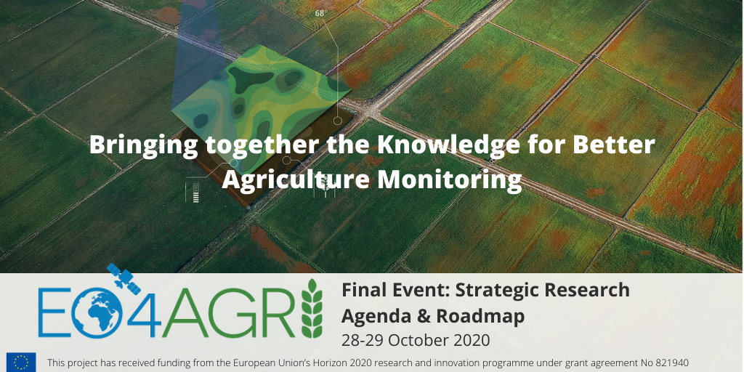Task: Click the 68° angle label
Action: pos(320,13)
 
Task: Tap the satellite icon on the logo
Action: pos(124,278)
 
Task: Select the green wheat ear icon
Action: pos(312,308)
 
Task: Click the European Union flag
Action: pos(21,362)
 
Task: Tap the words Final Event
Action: pos(396,290)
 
